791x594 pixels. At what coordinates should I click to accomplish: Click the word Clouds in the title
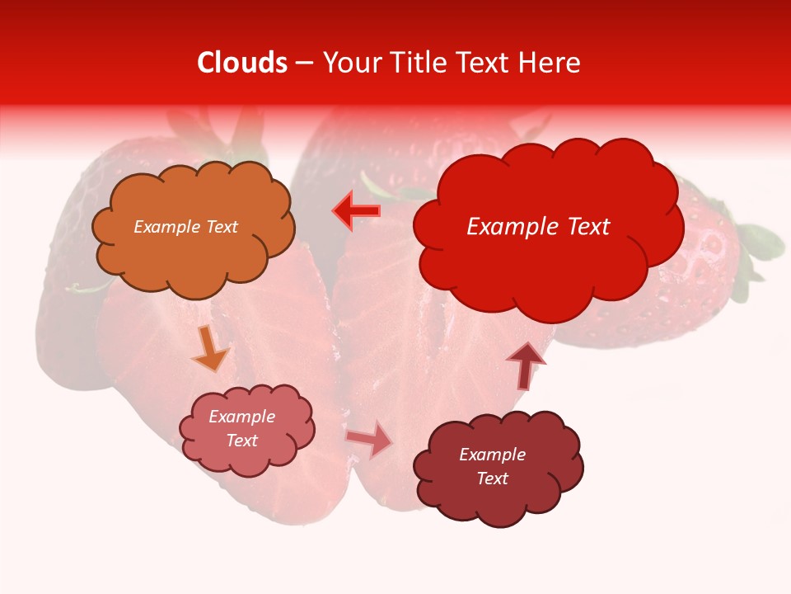pos(242,63)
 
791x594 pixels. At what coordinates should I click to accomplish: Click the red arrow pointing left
pos(357,211)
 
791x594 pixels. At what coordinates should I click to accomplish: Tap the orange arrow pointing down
pos(210,349)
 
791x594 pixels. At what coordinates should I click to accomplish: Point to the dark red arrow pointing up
pos(527,365)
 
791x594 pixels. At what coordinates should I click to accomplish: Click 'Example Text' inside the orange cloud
pos(185,227)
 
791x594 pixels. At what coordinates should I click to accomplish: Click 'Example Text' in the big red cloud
pos(538,227)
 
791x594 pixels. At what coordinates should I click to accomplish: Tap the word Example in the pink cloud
pos(241,417)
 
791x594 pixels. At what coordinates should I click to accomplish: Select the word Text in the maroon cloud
pos(492,478)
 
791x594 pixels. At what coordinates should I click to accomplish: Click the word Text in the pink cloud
pos(242,441)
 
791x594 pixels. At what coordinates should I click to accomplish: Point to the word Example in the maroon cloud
pos(492,455)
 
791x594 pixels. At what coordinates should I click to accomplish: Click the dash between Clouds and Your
pos(305,63)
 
